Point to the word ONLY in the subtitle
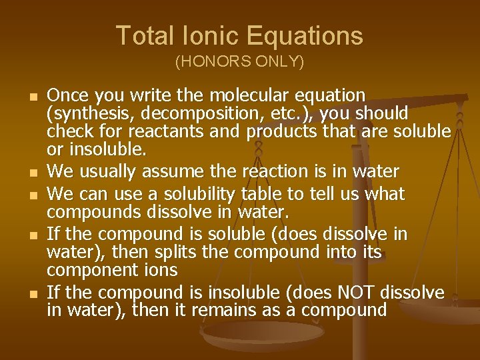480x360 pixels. pyautogui.click(x=281, y=63)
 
